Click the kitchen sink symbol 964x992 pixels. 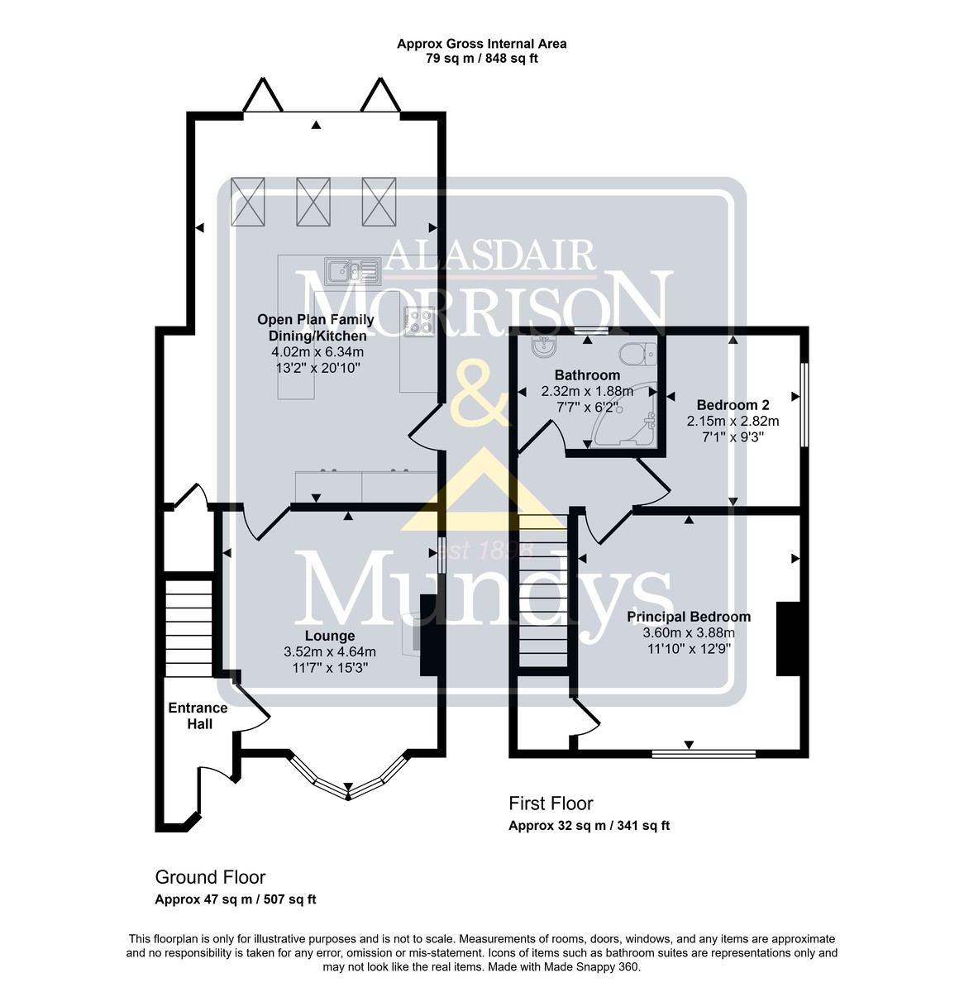[x=352, y=270]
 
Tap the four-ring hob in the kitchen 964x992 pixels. [x=419, y=321]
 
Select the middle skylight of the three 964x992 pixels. [x=313, y=202]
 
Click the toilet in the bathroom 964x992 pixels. [x=637, y=353]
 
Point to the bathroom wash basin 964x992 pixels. [x=543, y=346]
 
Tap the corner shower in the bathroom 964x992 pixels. [x=623, y=422]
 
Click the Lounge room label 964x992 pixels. [x=330, y=636]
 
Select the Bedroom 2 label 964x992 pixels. [x=733, y=405]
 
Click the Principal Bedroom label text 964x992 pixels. [x=688, y=617]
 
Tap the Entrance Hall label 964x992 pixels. [x=198, y=716]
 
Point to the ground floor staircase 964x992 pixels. [x=189, y=628]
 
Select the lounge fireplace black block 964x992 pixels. [x=429, y=635]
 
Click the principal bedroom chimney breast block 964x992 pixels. [x=788, y=639]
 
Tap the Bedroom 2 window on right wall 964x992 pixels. [x=804, y=405]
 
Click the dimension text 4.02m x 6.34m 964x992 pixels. [x=317, y=351]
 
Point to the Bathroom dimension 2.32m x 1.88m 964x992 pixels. [x=587, y=392]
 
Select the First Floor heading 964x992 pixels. [x=551, y=804]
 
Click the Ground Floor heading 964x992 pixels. [x=210, y=877]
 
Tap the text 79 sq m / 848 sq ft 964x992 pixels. [x=482, y=58]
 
